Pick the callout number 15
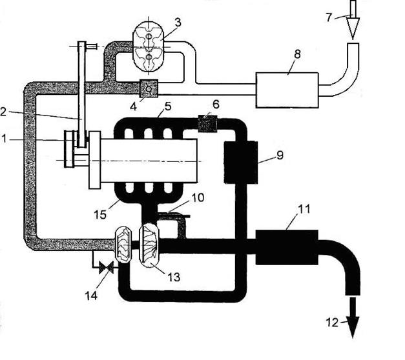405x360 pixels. [x=103, y=205]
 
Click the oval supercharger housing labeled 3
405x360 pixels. [x=149, y=45]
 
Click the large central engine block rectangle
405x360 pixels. [x=149, y=159]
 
